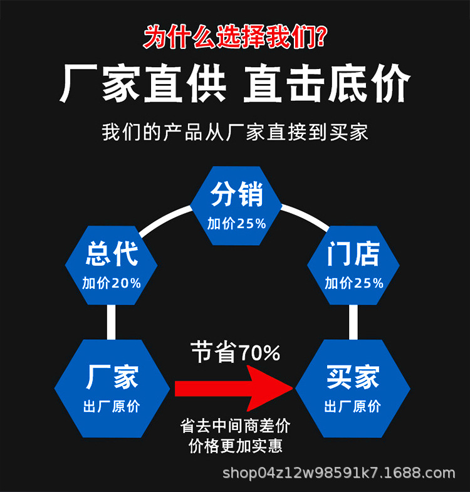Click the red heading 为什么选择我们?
pyautogui.click(x=234, y=36)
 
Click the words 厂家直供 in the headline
pyautogui.click(x=143, y=84)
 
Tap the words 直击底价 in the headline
pyautogui.click(x=326, y=84)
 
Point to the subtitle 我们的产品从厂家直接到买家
pyautogui.click(x=234, y=132)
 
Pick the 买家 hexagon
pyautogui.click(x=353, y=389)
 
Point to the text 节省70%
pyautogui.click(x=236, y=353)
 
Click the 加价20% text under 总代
pyautogui.click(x=112, y=283)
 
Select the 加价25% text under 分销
pyautogui.click(x=236, y=224)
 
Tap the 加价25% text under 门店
pyautogui.click(x=353, y=283)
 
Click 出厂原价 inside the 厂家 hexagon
pyautogui.click(x=112, y=406)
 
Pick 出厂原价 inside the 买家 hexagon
pyautogui.click(x=353, y=406)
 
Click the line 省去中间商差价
pyautogui.click(x=236, y=426)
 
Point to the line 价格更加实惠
pyautogui.click(x=236, y=446)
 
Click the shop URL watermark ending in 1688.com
pyautogui.click(x=339, y=473)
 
